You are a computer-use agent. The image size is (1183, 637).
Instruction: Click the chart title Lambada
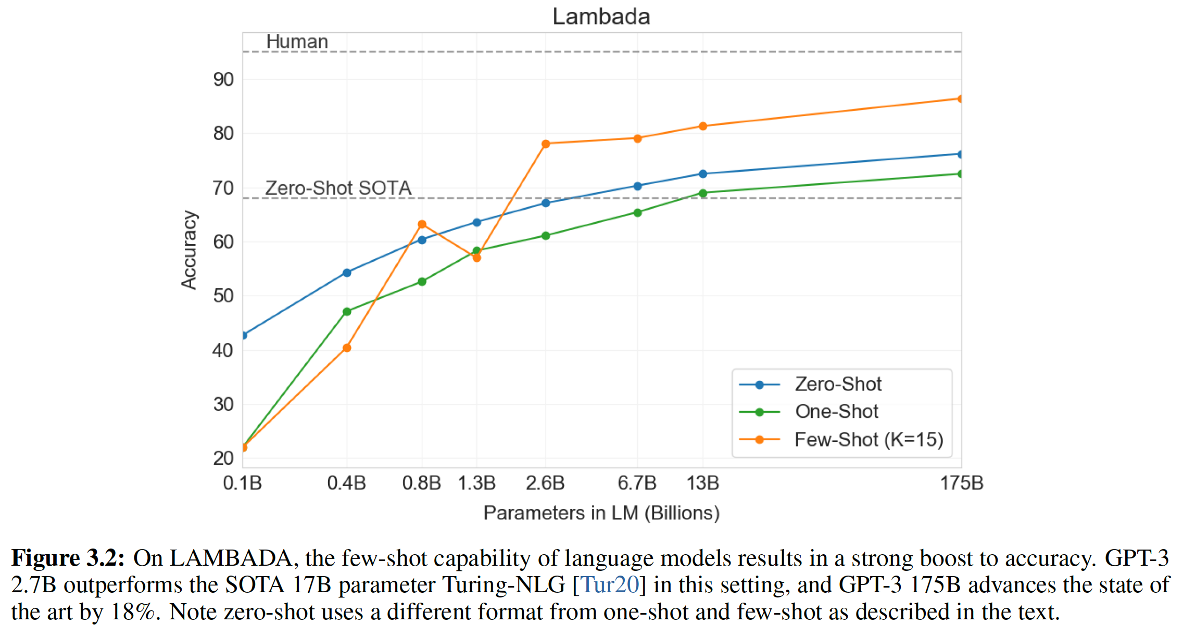[601, 17]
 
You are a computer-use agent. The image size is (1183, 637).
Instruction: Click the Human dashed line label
[297, 42]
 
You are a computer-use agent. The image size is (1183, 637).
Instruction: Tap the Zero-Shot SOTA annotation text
[338, 188]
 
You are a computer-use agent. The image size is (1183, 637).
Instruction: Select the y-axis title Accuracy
[189, 250]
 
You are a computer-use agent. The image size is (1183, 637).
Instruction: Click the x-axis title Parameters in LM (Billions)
[601, 513]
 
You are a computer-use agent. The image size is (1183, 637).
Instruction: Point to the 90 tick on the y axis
[223, 80]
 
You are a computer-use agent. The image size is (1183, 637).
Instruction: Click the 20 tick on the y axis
[223, 458]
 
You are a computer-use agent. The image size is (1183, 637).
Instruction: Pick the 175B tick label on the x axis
[961, 483]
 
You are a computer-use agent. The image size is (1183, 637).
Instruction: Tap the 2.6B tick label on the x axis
[545, 483]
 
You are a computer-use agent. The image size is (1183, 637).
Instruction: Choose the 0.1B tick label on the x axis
[242, 483]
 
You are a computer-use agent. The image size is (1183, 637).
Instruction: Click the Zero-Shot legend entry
[838, 384]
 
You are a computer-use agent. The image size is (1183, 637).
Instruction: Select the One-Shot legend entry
[836, 412]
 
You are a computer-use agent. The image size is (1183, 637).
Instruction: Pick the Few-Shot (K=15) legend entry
[869, 440]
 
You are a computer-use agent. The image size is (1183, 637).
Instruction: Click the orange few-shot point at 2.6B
[546, 144]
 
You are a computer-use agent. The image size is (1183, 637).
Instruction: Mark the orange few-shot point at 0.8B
[422, 224]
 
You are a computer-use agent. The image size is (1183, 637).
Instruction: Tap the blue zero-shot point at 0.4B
[347, 272]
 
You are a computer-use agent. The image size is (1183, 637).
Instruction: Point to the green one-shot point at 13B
[703, 193]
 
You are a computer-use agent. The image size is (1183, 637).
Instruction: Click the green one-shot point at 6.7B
[637, 212]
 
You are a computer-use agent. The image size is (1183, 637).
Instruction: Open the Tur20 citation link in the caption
[610, 585]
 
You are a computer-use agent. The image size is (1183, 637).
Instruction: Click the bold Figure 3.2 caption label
[68, 558]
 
